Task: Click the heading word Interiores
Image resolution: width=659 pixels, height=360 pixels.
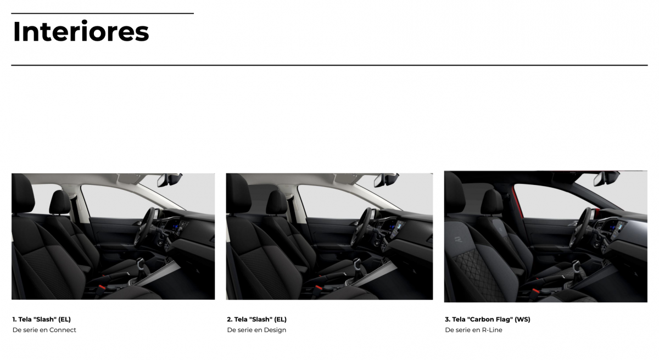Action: click(81, 31)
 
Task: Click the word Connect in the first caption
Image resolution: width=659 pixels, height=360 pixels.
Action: click(63, 330)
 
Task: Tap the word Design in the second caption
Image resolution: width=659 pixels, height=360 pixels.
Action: click(275, 330)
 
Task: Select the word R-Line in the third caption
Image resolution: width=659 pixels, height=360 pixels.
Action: click(492, 330)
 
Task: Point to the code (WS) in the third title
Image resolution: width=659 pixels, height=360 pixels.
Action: click(522, 319)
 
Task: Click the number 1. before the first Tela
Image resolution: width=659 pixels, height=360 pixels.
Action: click(14, 319)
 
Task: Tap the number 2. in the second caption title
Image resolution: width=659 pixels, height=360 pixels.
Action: click(230, 319)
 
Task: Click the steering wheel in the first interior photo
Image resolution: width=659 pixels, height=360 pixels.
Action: click(145, 226)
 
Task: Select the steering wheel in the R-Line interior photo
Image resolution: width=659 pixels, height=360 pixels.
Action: click(580, 228)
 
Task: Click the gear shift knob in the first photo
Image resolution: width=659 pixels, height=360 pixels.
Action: click(141, 262)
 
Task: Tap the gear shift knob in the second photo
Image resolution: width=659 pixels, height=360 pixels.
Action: click(356, 262)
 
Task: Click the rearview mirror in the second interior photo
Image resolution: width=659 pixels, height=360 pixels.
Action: click(386, 180)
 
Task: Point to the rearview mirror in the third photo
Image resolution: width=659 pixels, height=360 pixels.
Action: click(606, 178)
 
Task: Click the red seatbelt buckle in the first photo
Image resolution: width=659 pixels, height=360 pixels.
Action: click(102, 287)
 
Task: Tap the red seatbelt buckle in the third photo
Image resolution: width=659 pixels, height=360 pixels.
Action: click(535, 292)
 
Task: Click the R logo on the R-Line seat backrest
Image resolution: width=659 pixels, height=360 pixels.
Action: click(458, 239)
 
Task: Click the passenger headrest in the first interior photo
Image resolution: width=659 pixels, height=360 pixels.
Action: click(60, 202)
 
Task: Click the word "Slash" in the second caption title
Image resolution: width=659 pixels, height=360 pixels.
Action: click(260, 319)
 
